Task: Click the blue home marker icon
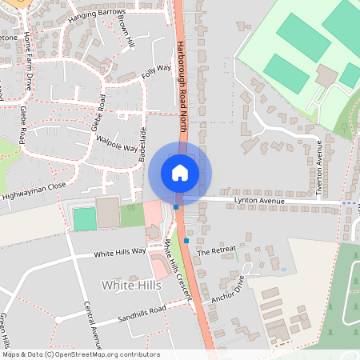(x=180, y=172)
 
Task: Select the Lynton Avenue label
(x=258, y=200)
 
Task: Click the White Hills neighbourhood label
(x=126, y=285)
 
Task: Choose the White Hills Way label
(x=120, y=252)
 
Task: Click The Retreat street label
(x=217, y=250)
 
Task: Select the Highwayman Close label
(x=34, y=190)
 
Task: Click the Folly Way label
(x=157, y=73)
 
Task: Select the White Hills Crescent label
(x=178, y=270)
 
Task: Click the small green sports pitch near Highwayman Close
(x=84, y=218)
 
